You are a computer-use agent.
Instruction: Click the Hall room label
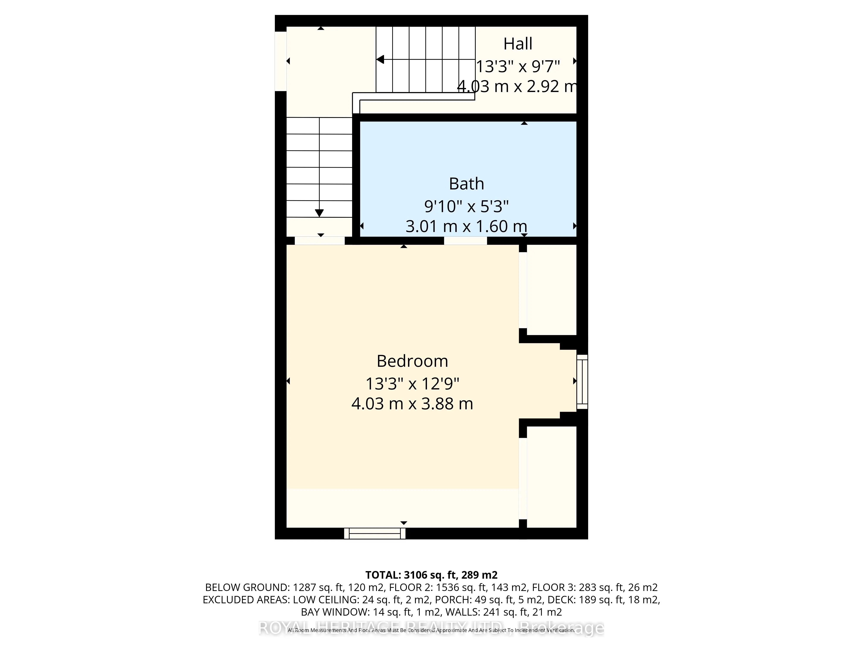518,44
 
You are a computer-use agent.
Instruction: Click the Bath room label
466,184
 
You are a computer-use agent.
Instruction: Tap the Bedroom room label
412,361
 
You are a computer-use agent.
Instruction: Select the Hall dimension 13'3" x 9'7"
518,67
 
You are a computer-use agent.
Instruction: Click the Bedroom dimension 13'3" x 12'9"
412,384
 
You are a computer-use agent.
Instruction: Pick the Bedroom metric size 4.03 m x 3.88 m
412,403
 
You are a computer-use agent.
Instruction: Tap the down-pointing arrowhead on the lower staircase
319,213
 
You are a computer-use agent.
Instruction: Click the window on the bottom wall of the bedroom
375,534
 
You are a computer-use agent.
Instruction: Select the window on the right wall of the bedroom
582,382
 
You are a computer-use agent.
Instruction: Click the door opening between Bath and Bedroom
465,241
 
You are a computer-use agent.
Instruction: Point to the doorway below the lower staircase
320,241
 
